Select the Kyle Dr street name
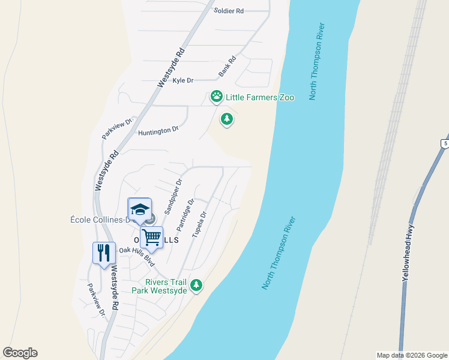pyautogui.click(x=183, y=80)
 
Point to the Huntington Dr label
pyautogui.click(x=158, y=130)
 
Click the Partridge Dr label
pyautogui.click(x=185, y=215)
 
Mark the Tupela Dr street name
pyautogui.click(x=199, y=224)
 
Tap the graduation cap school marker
pyautogui.click(x=140, y=209)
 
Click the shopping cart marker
pyautogui.click(x=152, y=238)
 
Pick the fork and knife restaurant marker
pyautogui.click(x=104, y=253)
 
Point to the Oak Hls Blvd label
pyautogui.click(x=137, y=257)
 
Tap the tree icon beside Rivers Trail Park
pyautogui.click(x=196, y=286)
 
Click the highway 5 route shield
pyautogui.click(x=444, y=143)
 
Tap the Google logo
pyautogui.click(x=20, y=353)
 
